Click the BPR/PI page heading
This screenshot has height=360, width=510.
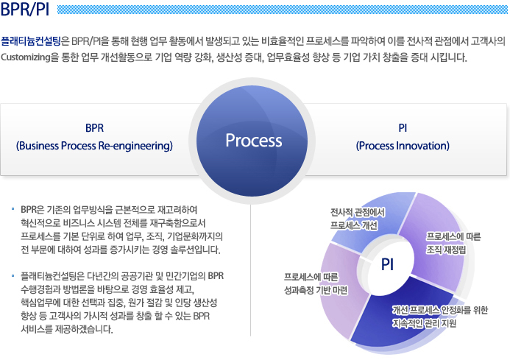25,10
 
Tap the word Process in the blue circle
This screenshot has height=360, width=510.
254,141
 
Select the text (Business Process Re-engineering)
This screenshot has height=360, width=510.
94,146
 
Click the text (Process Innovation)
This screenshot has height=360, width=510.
403,146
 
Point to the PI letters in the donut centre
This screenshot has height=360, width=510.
387,264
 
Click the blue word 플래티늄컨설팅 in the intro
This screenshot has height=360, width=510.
31,41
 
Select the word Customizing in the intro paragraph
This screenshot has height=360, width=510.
26,57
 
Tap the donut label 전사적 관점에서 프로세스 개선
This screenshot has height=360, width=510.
358,219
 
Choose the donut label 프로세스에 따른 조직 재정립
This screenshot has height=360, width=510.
453,243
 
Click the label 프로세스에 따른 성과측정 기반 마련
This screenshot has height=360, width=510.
316,283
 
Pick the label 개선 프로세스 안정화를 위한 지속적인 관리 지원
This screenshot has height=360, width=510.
440,317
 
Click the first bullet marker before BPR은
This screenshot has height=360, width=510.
13,208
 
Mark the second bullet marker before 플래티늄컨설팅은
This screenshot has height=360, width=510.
13,275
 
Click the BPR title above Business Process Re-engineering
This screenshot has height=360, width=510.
95,128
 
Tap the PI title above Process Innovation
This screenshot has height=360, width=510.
403,128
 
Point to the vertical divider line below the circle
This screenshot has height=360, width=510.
250,270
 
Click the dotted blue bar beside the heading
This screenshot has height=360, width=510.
283,10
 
